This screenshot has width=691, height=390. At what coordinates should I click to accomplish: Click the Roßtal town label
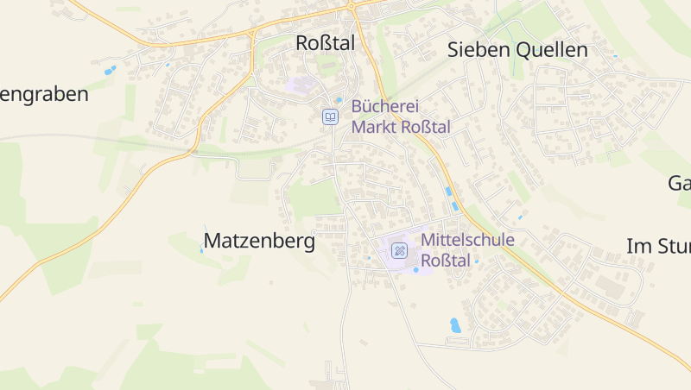[325, 43]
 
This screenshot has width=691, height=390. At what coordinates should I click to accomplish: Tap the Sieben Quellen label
[517, 50]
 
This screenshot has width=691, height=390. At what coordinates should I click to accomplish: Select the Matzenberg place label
[259, 242]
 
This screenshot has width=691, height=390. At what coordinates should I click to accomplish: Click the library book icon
[330, 116]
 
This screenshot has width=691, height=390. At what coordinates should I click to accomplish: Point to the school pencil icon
[399, 251]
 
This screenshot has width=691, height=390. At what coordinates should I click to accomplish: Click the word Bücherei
[384, 107]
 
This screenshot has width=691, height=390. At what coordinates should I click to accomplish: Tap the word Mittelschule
[467, 240]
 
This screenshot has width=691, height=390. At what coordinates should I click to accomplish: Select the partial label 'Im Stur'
[657, 247]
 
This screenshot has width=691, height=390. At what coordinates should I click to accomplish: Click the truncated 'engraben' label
[44, 95]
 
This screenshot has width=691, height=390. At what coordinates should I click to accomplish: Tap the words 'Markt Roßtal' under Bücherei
[401, 127]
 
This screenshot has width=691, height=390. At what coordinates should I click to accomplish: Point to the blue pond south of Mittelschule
[455, 325]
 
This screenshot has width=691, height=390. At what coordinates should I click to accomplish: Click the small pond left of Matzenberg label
[202, 248]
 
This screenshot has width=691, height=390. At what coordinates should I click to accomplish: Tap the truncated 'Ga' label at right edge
[679, 183]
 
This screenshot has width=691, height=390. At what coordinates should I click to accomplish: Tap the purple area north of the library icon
[301, 85]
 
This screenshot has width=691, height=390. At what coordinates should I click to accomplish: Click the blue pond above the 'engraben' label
[110, 71]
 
